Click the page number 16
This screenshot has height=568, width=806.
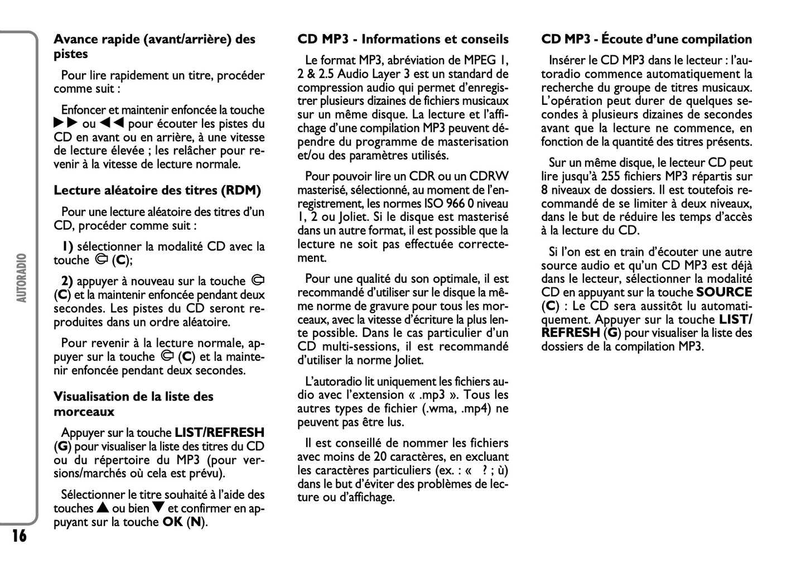click(18, 536)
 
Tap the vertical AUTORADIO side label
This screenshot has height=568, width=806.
click(22, 278)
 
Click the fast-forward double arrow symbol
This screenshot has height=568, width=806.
click(66, 124)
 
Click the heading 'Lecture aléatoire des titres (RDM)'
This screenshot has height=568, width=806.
click(157, 190)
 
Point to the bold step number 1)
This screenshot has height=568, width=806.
click(67, 247)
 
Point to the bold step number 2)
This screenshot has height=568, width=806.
click(67, 281)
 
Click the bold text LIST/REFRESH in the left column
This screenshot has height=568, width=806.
click(220, 432)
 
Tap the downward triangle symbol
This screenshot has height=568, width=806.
click(158, 508)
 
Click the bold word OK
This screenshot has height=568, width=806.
click(172, 522)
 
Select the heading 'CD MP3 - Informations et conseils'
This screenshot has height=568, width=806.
click(403, 39)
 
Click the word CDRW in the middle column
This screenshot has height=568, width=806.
click(490, 176)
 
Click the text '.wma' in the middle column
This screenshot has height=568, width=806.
click(438, 409)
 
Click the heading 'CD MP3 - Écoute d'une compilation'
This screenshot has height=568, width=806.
click(646, 39)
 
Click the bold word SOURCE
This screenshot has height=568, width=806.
click(724, 292)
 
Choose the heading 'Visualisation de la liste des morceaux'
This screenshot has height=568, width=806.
click(133, 404)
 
